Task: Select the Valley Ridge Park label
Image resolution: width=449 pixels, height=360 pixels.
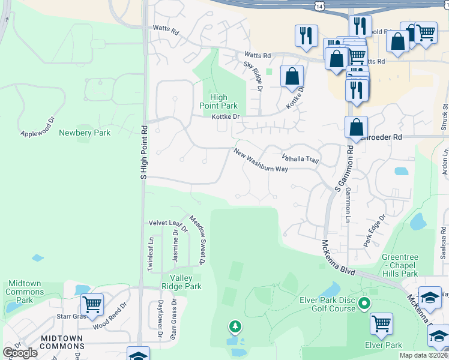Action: click(185, 282)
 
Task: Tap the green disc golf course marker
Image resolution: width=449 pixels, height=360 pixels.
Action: click(364, 305)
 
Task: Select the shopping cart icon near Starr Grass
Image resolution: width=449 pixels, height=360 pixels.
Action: click(92, 304)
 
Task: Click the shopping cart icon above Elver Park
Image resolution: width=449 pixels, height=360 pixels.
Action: click(382, 323)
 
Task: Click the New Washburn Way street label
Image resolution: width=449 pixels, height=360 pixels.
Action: click(261, 160)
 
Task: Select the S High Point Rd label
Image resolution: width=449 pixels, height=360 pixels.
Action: click(143, 152)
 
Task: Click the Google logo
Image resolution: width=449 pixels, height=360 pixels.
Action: click(20, 353)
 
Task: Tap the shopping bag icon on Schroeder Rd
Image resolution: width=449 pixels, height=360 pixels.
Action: click(357, 127)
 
